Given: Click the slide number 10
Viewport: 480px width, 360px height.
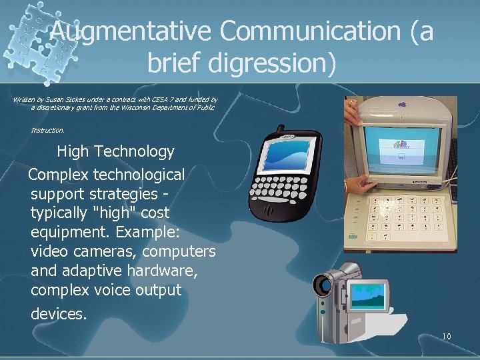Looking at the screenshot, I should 446,336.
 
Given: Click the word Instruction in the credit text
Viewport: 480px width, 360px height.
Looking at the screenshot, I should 47,130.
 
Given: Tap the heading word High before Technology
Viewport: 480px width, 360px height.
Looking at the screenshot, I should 73,152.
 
